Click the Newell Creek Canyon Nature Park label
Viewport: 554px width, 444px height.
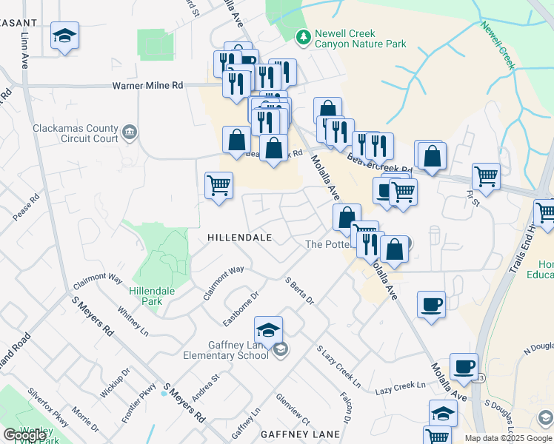pos(361,38)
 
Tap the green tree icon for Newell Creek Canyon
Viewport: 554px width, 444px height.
pos(302,36)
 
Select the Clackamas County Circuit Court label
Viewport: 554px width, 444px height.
pos(76,133)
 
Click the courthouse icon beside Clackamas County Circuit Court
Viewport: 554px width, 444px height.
pos(130,132)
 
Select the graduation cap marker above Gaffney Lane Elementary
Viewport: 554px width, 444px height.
pos(269,328)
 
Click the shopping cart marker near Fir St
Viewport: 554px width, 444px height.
pos(486,175)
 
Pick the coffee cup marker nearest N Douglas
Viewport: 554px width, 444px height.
pos(464,366)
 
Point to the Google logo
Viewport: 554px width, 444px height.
pos(24,435)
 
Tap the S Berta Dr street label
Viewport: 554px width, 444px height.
pos(300,291)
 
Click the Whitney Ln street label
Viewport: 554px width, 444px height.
pos(133,323)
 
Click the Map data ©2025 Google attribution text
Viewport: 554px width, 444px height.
pos(508,438)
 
